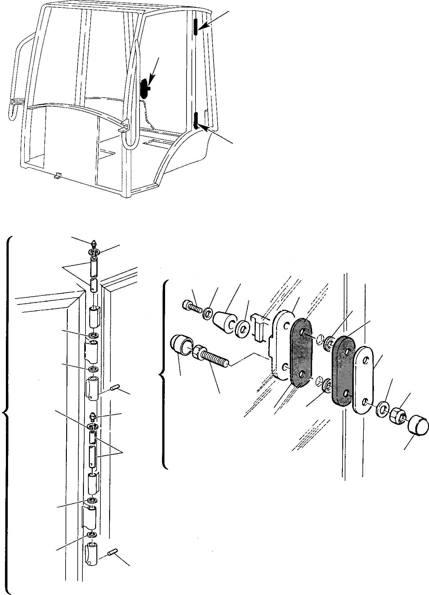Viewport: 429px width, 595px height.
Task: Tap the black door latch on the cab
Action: pyautogui.click(x=145, y=89)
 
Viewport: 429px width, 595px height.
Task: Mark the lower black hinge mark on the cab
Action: pyautogui.click(x=196, y=121)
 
